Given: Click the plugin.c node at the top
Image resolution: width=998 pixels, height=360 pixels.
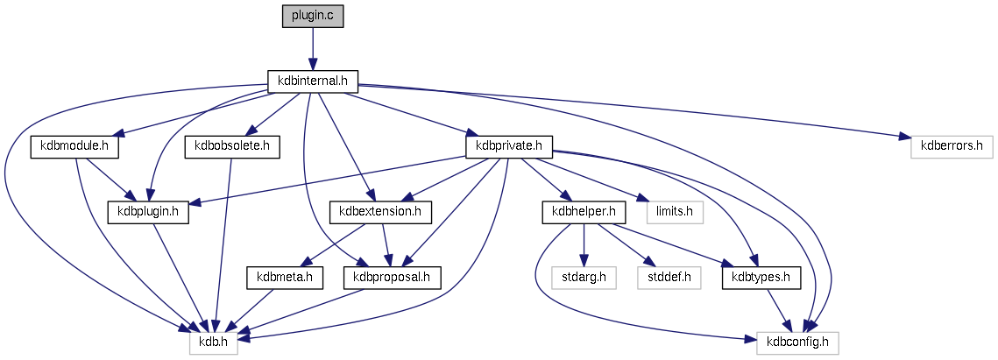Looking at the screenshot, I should coord(313,17).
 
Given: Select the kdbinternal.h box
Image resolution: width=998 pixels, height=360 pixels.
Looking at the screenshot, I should coord(313,81).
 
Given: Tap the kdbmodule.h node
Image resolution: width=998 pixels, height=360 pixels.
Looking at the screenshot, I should coord(74,146).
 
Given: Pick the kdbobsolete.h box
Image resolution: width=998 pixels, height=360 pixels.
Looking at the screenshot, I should coord(232,146).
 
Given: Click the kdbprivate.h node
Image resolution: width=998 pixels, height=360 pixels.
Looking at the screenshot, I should coord(509,146).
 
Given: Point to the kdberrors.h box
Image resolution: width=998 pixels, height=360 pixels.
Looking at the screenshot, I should coord(951,146).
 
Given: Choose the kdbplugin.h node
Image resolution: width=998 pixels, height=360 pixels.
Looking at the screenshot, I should coord(149,211).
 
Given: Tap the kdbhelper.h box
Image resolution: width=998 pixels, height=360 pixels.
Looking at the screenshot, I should coord(583,211).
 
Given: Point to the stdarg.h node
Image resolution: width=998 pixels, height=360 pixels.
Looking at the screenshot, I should coord(584,277).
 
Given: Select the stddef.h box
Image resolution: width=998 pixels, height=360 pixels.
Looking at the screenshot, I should coord(669,277).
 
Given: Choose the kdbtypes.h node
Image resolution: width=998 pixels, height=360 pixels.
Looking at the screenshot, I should coord(761,277).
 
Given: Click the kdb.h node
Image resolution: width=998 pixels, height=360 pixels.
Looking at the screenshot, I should coord(213,342).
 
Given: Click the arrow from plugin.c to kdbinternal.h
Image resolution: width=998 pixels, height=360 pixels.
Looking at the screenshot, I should coord(313,49).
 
